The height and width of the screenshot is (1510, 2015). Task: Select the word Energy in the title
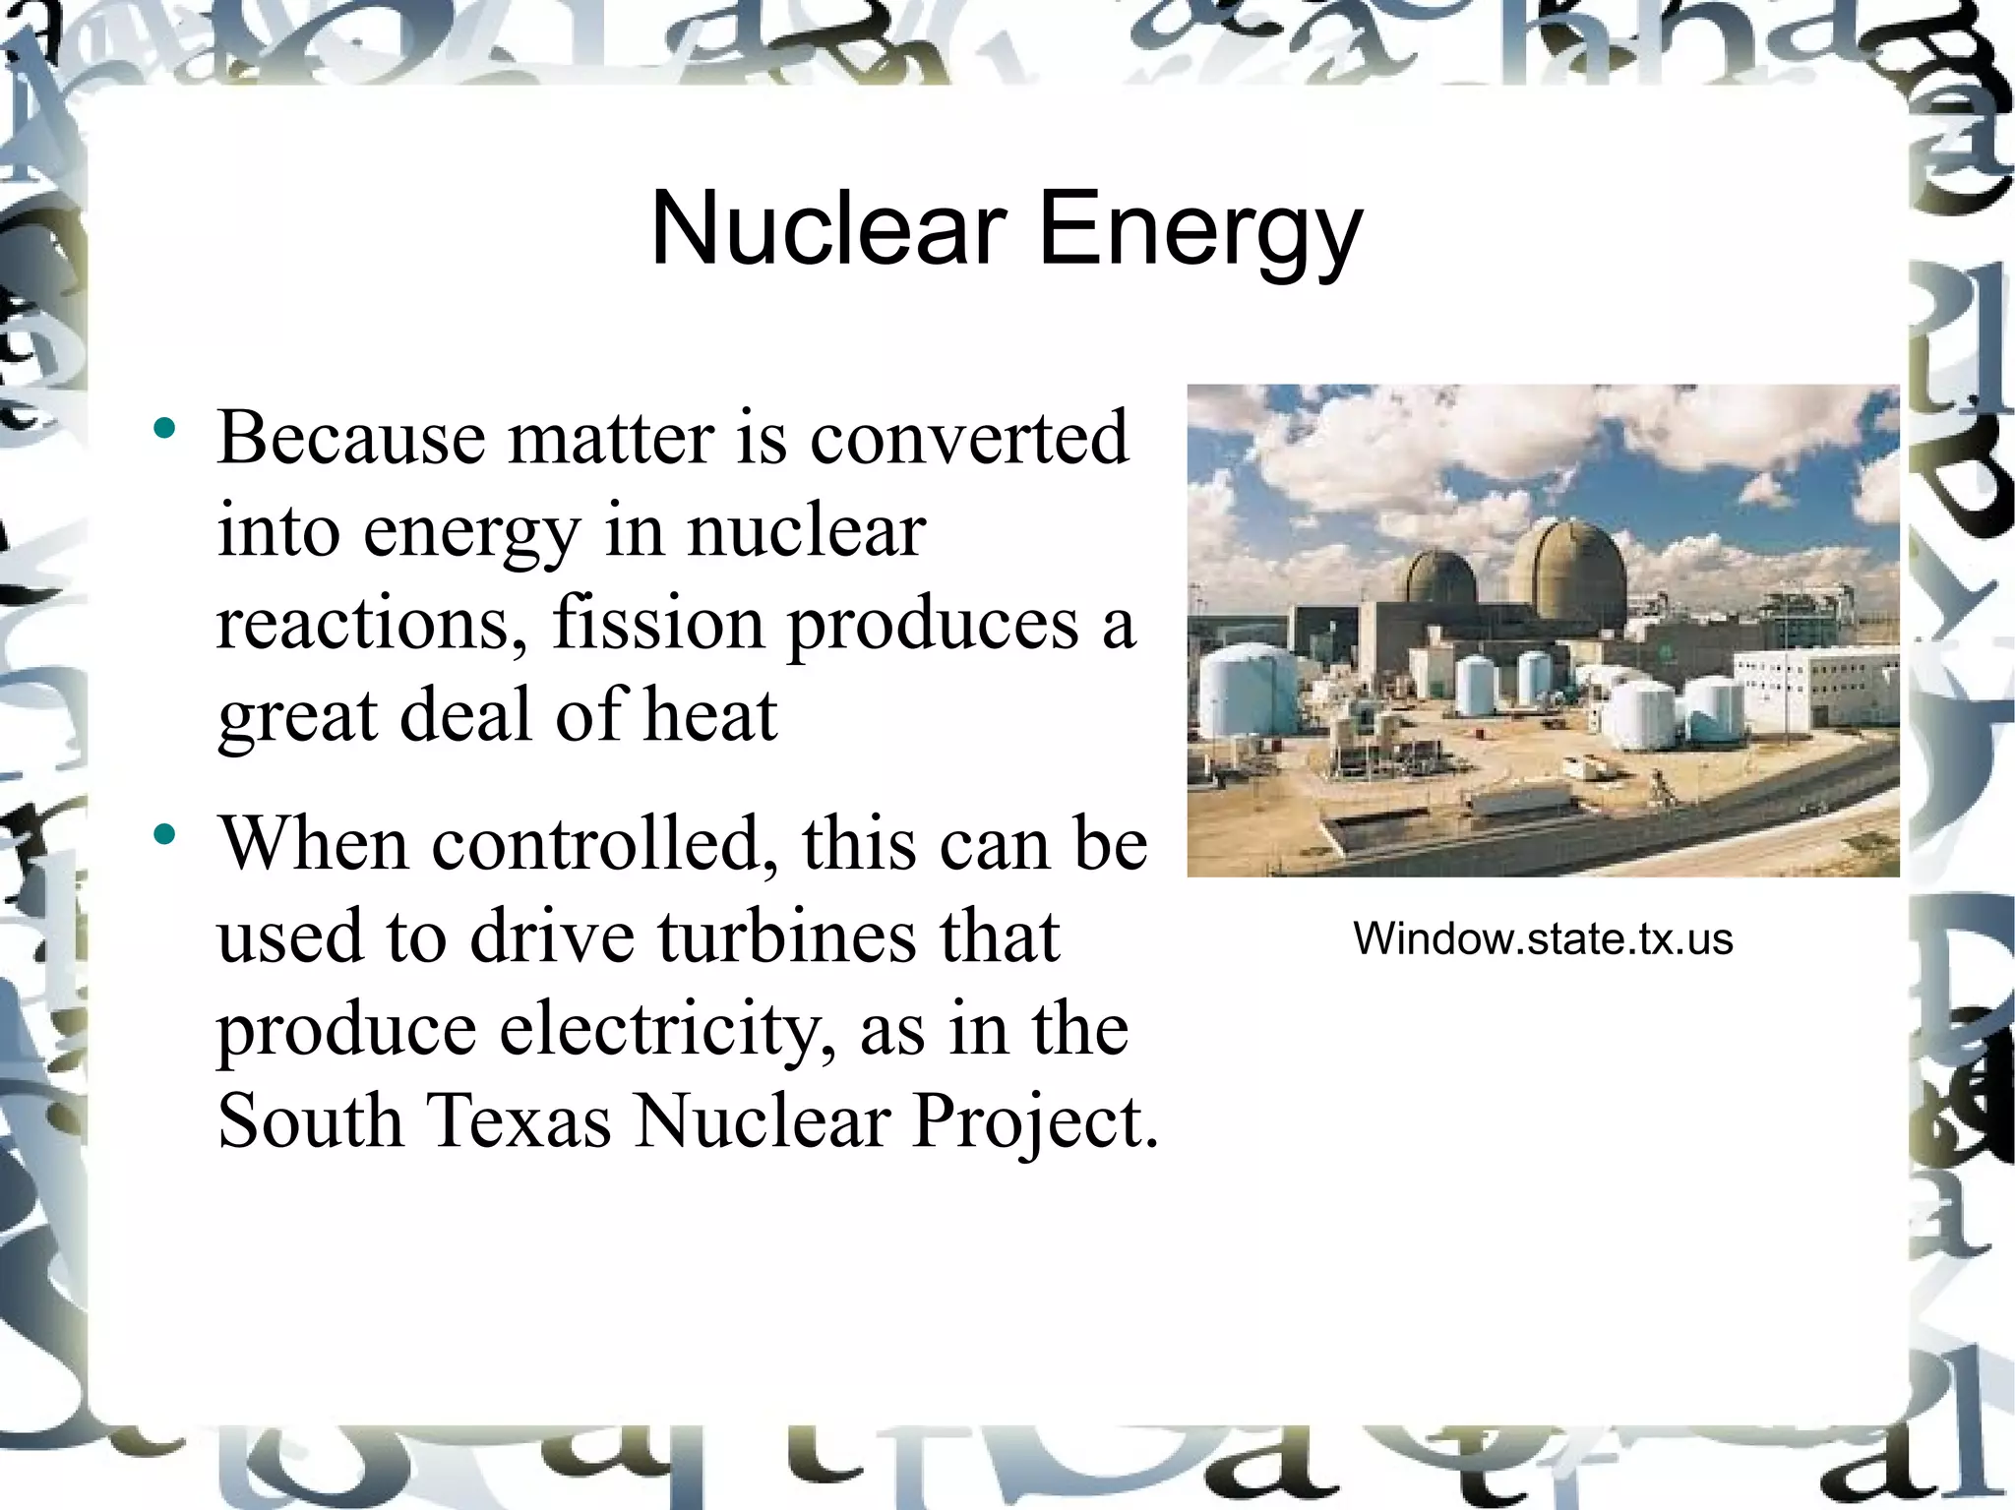[x=1200, y=230]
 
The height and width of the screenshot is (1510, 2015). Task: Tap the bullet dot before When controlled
[x=164, y=835]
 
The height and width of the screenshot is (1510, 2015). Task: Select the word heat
[x=710, y=714]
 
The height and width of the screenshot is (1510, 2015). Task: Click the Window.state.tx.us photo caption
[x=1542, y=938]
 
